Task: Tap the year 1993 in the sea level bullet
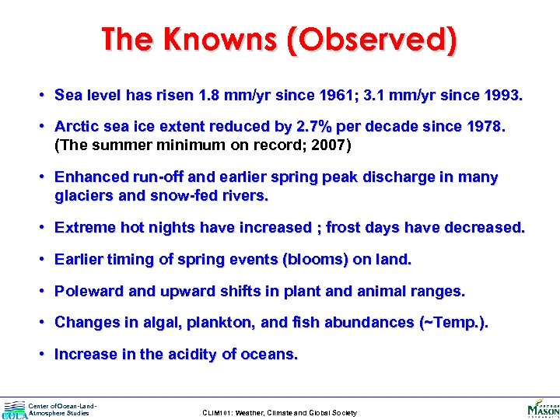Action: (x=503, y=96)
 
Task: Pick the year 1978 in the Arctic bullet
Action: (x=485, y=127)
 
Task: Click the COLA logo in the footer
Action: (x=14, y=410)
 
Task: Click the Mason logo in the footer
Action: (x=542, y=408)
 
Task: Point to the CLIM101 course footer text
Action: (x=279, y=413)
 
